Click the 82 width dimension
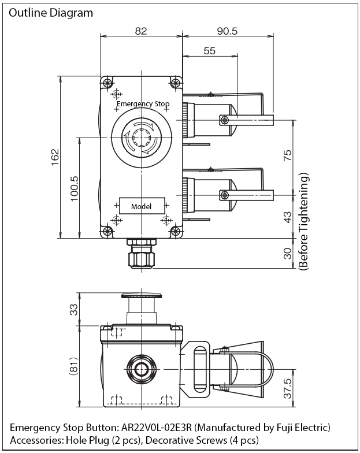(141, 31)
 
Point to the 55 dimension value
(209, 51)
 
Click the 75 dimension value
(288, 156)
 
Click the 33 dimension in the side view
(73, 310)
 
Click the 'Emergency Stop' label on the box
(143, 104)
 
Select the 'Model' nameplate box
(142, 206)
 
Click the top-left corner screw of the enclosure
(107, 83)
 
